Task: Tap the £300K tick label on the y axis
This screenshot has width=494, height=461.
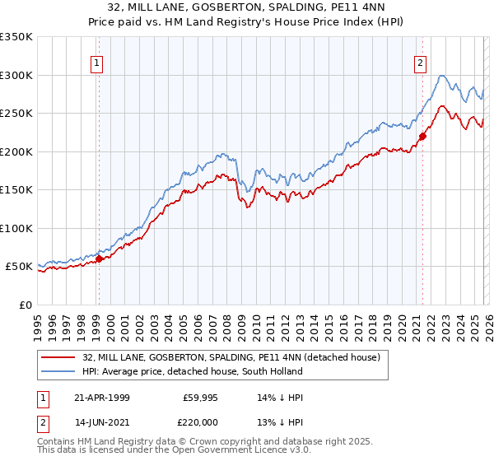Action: pyautogui.click(x=16, y=75)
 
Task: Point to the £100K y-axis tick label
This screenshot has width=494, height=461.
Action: pyautogui.click(x=16, y=228)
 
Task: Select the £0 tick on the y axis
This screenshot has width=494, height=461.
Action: pyautogui.click(x=25, y=305)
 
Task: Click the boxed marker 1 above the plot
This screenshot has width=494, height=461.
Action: pyautogui.click(x=97, y=62)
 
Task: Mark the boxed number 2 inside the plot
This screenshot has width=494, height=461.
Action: pyautogui.click(x=421, y=62)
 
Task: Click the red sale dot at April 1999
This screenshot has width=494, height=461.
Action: pyautogui.click(x=99, y=258)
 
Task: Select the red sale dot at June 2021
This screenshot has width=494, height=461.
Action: pyautogui.click(x=422, y=137)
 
